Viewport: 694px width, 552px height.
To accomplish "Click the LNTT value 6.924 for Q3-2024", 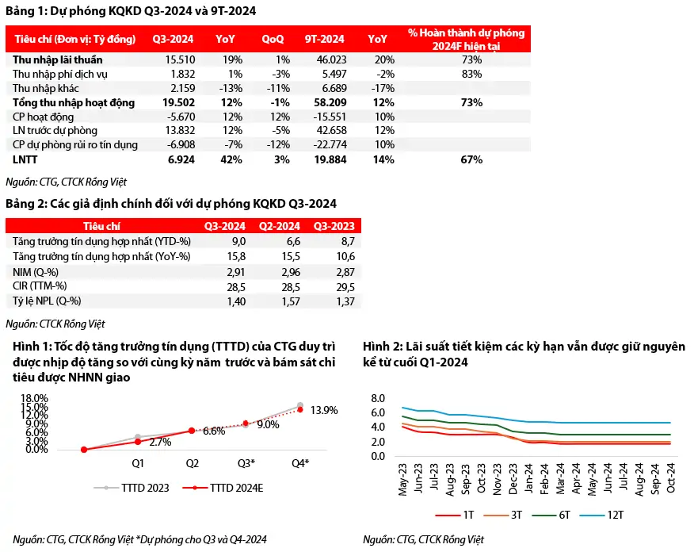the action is pyautogui.click(x=181, y=159).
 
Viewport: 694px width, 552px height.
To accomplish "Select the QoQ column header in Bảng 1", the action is pyautogui.click(x=273, y=39).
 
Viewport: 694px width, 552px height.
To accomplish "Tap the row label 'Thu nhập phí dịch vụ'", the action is pyautogui.click(x=59, y=74).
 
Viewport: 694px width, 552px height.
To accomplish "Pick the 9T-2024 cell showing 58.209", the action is pyautogui.click(x=330, y=102).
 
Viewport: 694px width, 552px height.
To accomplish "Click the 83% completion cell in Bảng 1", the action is pyautogui.click(x=471, y=74).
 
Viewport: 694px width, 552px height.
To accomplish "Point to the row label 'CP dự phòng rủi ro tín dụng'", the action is pyautogui.click(x=74, y=145).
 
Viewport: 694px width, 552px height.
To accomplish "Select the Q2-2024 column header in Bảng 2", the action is pyautogui.click(x=280, y=226).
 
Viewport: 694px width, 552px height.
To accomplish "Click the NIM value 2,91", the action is pyautogui.click(x=236, y=272).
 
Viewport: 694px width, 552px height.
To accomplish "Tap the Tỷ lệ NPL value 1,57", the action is pyautogui.click(x=291, y=301).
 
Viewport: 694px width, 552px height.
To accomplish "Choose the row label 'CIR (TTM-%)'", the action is pyautogui.click(x=40, y=286).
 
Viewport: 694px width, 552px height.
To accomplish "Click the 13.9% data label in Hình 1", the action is pyautogui.click(x=324, y=410).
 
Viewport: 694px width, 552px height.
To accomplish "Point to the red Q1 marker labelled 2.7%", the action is pyautogui.click(x=138, y=442).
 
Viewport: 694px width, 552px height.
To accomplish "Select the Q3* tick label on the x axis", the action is pyautogui.click(x=246, y=463).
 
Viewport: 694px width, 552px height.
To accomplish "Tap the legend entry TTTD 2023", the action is pyautogui.click(x=132, y=488).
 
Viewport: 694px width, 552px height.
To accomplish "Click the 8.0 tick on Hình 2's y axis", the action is pyautogui.click(x=378, y=398).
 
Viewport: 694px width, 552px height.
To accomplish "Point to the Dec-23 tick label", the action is pyautogui.click(x=513, y=479).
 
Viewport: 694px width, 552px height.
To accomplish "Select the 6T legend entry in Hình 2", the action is pyautogui.click(x=551, y=515).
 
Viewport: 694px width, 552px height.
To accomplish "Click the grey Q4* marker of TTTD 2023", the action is pyautogui.click(x=300, y=405).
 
